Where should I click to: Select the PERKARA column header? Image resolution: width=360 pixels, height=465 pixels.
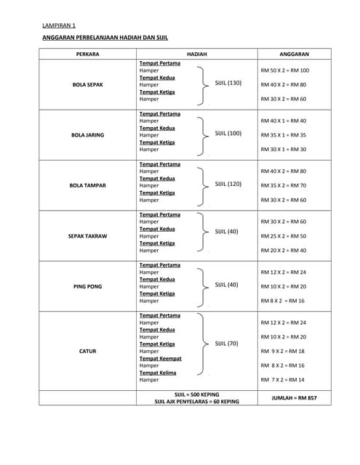coord(87,54)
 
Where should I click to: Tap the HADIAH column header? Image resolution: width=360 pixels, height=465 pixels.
coord(196,54)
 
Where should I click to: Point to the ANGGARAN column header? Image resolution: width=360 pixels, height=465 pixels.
coord(295,54)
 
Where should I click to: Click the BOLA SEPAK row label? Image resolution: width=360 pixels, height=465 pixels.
coord(87,84)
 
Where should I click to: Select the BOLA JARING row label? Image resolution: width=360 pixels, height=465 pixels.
coord(87,135)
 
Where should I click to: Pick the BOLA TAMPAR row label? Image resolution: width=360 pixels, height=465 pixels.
coord(87,185)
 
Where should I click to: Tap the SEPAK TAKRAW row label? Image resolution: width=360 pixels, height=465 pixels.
coord(87,236)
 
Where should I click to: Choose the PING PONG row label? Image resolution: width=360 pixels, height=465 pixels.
coord(87,286)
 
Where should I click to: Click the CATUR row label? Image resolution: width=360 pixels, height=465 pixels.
coord(87,351)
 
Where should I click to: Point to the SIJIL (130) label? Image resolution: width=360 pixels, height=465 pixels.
coord(228,83)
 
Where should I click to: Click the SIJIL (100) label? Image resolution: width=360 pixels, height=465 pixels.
coord(228,133)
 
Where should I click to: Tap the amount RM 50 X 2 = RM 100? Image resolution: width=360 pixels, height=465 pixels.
coord(284,70)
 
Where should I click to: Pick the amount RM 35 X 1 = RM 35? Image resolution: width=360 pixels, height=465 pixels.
coord(283,135)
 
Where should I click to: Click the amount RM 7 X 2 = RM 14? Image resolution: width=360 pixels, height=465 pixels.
coord(282,380)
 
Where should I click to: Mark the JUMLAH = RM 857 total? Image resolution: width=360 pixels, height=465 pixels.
coord(294,398)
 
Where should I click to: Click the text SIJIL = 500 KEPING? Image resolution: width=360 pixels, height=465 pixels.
coord(196,394)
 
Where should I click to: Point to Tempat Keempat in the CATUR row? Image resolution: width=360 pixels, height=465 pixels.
coord(160,358)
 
